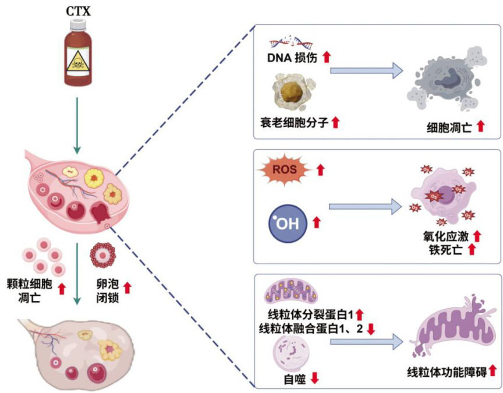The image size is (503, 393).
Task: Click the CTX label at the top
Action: tap(77, 10)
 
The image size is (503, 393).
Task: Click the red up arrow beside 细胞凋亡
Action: tap(480, 125)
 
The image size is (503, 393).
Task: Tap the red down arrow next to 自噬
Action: tap(314, 378)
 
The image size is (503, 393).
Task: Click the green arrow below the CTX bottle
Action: tap(77, 120)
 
